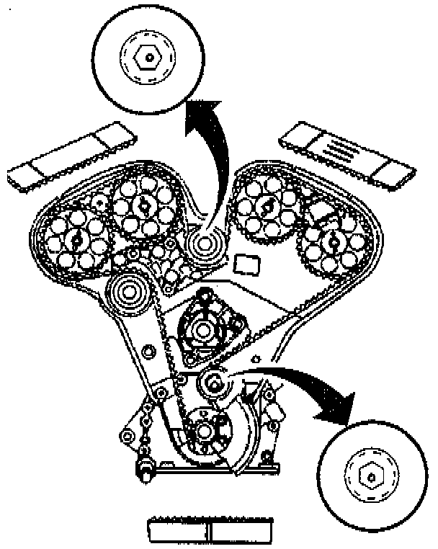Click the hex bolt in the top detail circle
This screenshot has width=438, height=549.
coord(148,55)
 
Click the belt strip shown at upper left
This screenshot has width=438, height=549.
coord(69,156)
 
